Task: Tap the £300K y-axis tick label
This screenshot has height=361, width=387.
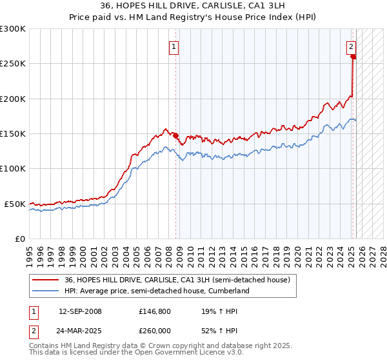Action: tap(13, 29)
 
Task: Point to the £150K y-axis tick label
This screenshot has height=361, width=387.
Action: tap(13, 133)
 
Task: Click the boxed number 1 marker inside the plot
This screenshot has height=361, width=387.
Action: tap(175, 46)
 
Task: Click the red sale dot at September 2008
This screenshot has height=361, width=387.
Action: tap(175, 135)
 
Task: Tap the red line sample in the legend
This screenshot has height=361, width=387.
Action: tap(46, 280)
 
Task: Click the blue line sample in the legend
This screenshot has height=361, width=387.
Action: tap(46, 291)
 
